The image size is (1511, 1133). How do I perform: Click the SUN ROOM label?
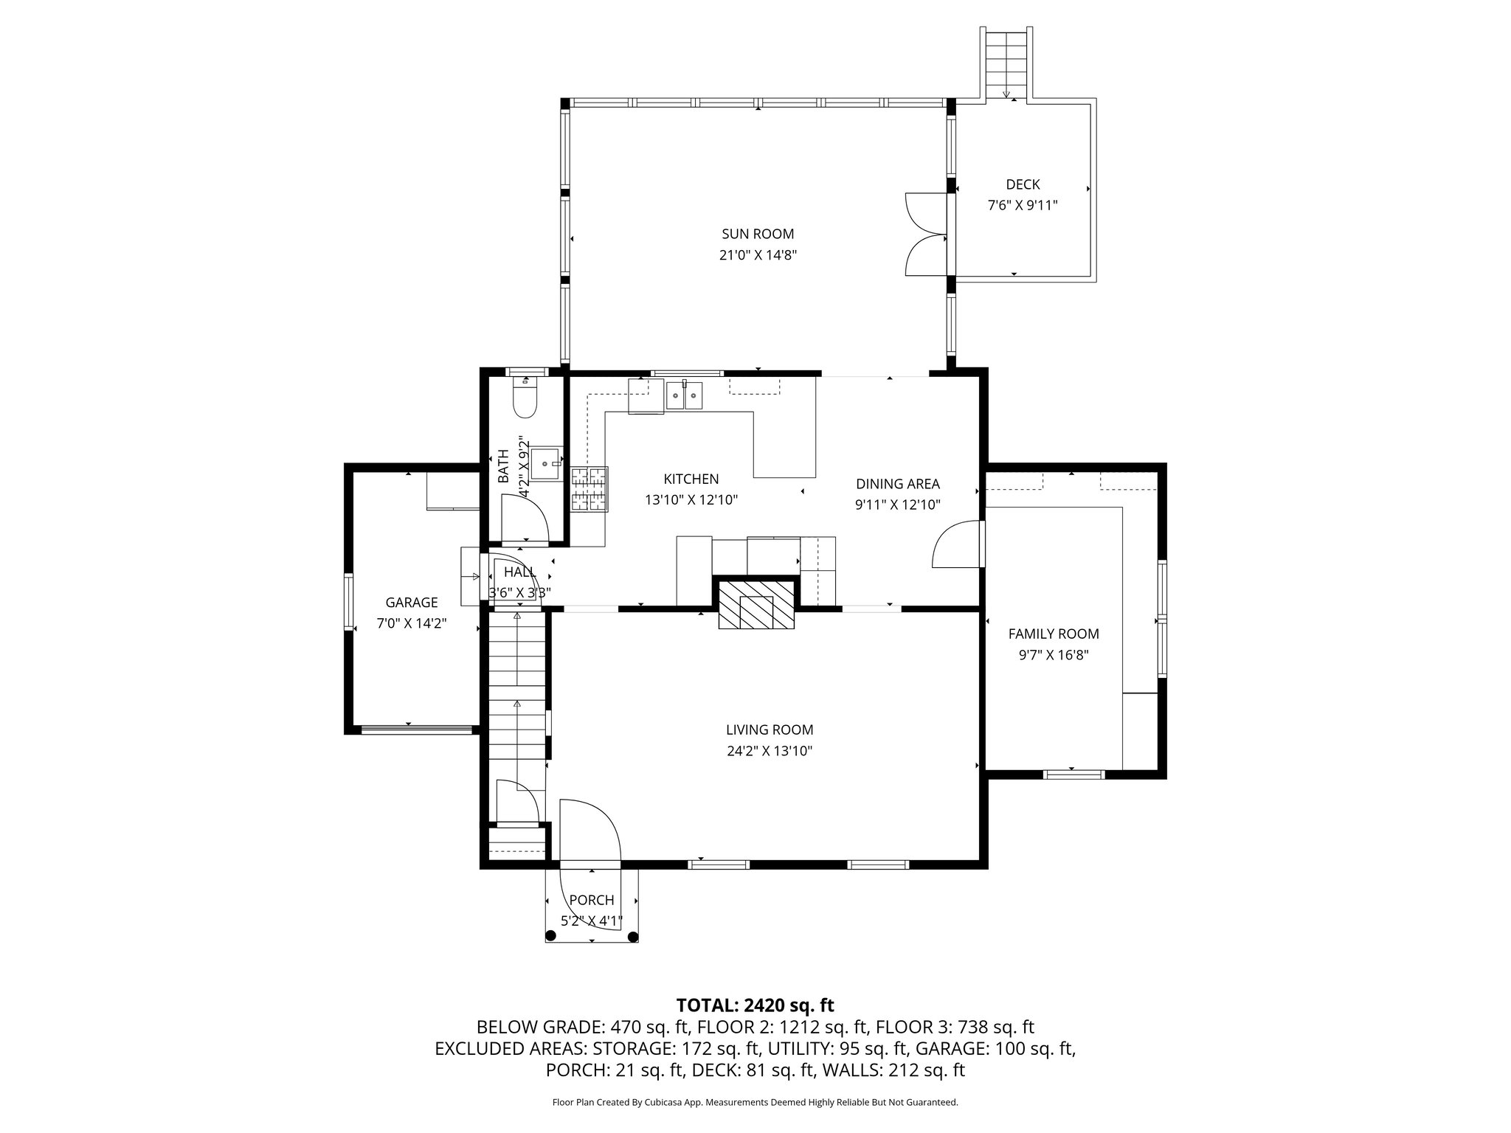pos(758,234)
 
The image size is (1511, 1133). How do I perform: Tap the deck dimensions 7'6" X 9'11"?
pos(1023,205)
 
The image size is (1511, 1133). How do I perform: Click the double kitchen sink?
pos(685,395)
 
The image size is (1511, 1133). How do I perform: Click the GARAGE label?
pos(412,603)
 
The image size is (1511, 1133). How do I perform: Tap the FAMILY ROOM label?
pos(1054,634)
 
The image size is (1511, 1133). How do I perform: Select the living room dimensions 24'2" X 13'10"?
pos(770,751)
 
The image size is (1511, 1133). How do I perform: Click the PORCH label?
pos(592,900)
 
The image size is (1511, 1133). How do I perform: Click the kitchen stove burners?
pos(589,489)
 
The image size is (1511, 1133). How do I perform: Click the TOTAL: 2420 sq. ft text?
pos(755,1005)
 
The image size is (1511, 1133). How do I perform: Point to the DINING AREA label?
pos(898,484)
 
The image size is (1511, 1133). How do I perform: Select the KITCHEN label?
pos(691,479)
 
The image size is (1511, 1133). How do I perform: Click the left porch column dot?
pos(550,936)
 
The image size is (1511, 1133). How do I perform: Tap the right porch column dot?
pos(632,936)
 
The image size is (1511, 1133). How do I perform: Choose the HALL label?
pos(520,572)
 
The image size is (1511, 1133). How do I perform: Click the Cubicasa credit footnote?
pos(755,1102)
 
